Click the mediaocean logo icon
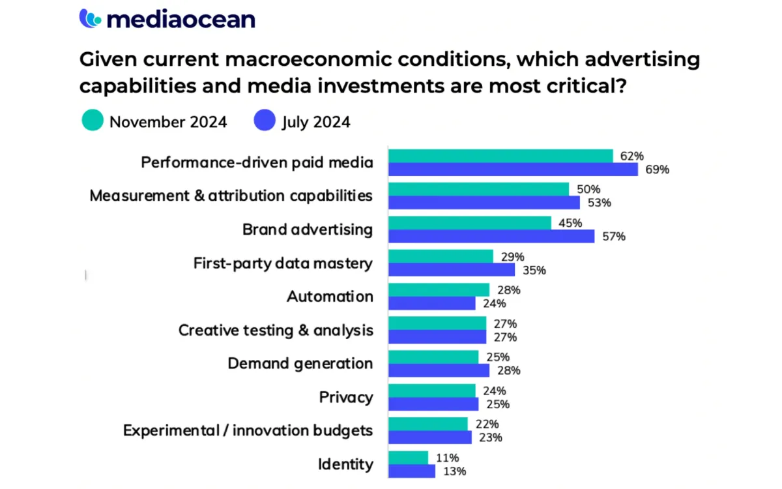click(x=91, y=18)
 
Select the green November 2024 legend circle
click(x=93, y=121)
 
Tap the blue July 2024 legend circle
click(x=265, y=121)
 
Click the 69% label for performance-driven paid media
click(x=658, y=170)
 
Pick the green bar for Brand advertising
click(x=469, y=223)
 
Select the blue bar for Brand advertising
click(x=491, y=236)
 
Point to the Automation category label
click(x=330, y=297)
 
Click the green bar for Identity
click(x=408, y=458)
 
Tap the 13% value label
click(x=454, y=471)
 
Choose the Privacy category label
click(x=346, y=397)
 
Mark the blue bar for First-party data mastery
click(x=452, y=270)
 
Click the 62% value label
click(x=632, y=156)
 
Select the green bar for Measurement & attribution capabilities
click(x=478, y=189)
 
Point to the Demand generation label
click(x=300, y=364)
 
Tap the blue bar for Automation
click(x=432, y=303)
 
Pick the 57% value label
click(x=614, y=236)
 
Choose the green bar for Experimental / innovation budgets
click(x=428, y=424)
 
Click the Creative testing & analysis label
click(x=276, y=330)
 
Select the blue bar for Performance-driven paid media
click(x=513, y=170)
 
